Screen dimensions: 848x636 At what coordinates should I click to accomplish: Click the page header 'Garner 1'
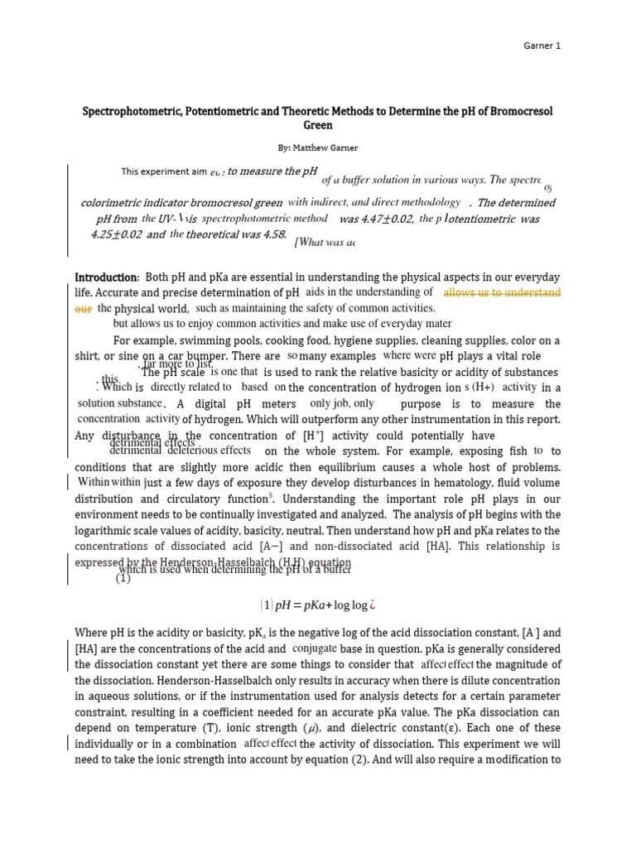543,46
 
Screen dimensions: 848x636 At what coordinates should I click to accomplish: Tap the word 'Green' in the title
318,126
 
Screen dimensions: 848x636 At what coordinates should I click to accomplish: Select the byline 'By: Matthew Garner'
318,147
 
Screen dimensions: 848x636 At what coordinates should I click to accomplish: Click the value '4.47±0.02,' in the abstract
376,219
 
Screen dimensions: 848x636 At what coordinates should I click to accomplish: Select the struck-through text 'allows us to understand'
502,293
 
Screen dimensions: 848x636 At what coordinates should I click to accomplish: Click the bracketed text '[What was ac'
327,242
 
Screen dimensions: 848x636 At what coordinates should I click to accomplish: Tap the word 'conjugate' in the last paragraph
314,648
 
